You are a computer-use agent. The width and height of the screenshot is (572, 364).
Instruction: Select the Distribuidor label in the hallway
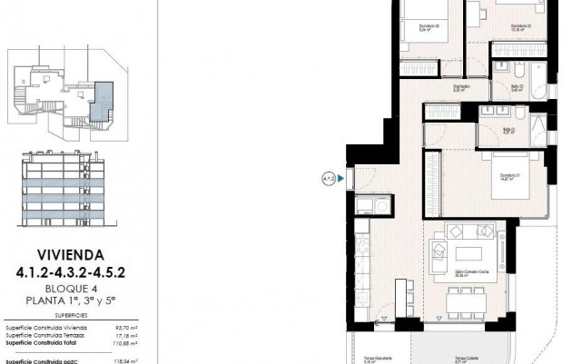(x=436, y=88)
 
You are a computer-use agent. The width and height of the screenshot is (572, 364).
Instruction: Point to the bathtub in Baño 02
(x=537, y=78)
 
